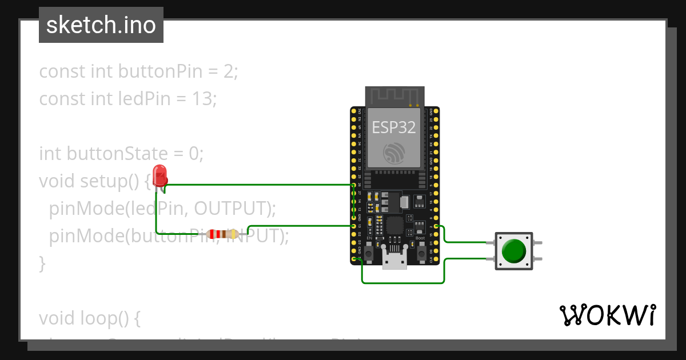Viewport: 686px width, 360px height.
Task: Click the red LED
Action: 160,175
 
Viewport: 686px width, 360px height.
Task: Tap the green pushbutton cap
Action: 513,250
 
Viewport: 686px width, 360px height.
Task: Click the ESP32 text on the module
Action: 394,127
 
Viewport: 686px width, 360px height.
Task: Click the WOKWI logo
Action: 607,315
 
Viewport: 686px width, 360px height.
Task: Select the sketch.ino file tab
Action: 101,25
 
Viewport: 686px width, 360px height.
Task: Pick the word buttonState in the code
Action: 117,154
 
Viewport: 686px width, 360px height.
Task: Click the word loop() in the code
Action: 113,318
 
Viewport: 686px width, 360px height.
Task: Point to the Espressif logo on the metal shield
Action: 394,153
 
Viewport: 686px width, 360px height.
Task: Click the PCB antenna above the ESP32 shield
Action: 394,96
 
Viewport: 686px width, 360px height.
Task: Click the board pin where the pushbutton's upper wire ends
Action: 436,226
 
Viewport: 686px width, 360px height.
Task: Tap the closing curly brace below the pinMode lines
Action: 42,263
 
